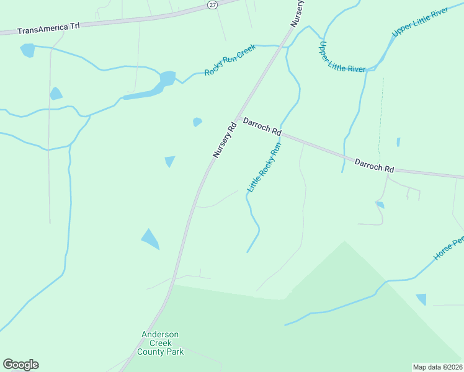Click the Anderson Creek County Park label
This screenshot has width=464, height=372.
pos(160,343)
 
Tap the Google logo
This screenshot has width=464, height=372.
pos(20,365)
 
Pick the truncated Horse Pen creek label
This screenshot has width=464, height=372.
pos(448,248)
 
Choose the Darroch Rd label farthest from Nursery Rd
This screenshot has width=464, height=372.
pos(374,166)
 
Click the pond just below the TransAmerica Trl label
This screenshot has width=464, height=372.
pos(27,50)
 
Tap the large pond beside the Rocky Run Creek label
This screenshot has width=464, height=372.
pos(166,79)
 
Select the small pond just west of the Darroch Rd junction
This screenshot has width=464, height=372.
pos(197,122)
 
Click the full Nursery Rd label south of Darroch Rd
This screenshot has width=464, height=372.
pos(225,139)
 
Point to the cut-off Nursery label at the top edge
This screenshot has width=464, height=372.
pos(298,12)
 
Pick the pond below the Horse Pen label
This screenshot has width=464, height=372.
pos(421,299)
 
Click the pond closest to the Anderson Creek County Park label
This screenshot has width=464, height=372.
pos(150,239)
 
